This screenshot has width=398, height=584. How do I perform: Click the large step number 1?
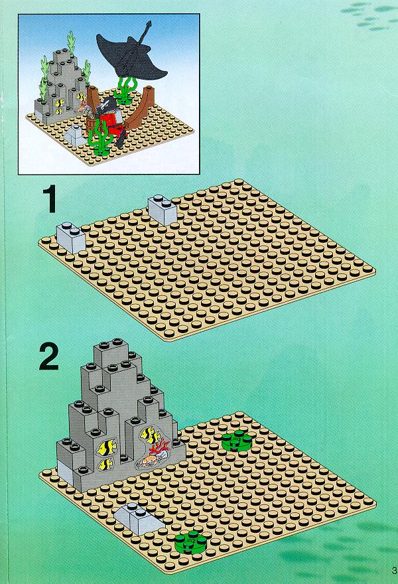(x=50, y=200)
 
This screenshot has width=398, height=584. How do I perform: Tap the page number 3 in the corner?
(x=395, y=570)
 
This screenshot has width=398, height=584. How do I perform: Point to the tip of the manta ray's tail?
(x=149, y=22)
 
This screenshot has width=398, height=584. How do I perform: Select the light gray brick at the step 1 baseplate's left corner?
(x=71, y=238)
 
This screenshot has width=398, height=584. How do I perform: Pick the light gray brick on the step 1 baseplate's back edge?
(x=163, y=210)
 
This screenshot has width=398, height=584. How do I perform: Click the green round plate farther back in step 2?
(x=236, y=442)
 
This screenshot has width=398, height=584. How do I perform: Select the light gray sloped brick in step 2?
(x=139, y=518)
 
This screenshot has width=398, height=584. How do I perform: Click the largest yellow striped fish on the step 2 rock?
(x=107, y=447)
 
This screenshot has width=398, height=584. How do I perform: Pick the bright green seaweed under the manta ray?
(x=127, y=90)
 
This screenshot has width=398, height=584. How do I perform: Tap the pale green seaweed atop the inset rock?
(x=71, y=44)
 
